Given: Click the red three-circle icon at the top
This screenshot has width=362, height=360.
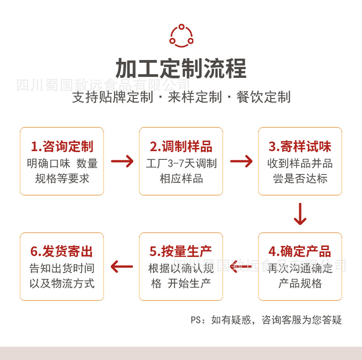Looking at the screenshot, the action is pos(181,35).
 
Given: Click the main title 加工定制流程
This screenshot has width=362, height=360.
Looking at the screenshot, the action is pos(181,69).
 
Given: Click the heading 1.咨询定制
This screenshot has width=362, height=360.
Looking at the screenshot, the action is pos(62,147).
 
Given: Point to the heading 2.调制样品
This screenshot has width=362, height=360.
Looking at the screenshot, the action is pos(181,147).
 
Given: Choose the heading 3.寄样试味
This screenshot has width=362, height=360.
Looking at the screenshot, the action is pos(300,147).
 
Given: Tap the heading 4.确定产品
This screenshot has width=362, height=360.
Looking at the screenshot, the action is pos(300,251).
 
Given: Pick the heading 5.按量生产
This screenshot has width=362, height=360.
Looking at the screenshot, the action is pos(181,251).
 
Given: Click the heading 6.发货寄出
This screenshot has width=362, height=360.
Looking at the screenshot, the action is pos(62,251).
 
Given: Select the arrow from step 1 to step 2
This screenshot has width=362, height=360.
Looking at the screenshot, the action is pos(122,161).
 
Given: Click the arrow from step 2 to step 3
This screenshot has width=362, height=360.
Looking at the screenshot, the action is pos(241,161).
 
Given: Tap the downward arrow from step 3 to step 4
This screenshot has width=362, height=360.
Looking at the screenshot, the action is pos(300,214).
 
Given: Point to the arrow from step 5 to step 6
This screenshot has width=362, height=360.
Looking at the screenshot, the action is pos(122,266).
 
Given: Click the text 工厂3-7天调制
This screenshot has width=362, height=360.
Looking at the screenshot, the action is pos(181,164).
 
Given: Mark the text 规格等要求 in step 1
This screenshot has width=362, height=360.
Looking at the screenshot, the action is pos(62,179).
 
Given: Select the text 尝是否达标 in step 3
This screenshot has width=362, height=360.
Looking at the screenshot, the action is pos(300,179).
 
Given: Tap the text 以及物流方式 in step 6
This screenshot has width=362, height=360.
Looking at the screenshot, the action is pos(62,284).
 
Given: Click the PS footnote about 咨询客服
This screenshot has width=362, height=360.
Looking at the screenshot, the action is pos(266,320).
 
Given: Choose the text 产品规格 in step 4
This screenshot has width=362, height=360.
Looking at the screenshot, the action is pos(300,284).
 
